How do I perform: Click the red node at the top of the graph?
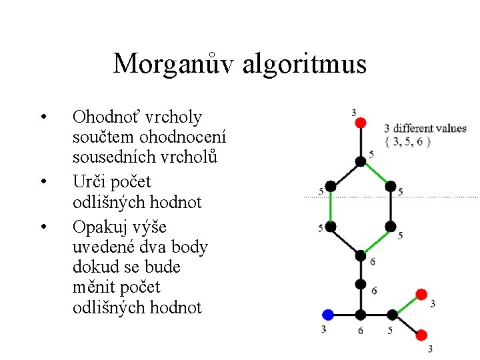[x=360, y=123]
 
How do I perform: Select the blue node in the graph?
[x=327, y=314]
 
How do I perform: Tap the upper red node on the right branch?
[x=421, y=294]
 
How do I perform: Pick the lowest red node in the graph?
[x=421, y=334]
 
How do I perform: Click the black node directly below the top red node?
[x=360, y=160]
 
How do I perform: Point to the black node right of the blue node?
[x=360, y=314]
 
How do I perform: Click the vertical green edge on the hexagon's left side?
[x=329, y=206]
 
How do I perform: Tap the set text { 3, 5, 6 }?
[x=408, y=141]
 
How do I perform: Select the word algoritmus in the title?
[x=305, y=64]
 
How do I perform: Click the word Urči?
[x=87, y=182]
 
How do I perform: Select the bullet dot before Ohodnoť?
[x=43, y=118]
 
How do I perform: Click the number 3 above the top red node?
[x=353, y=112]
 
